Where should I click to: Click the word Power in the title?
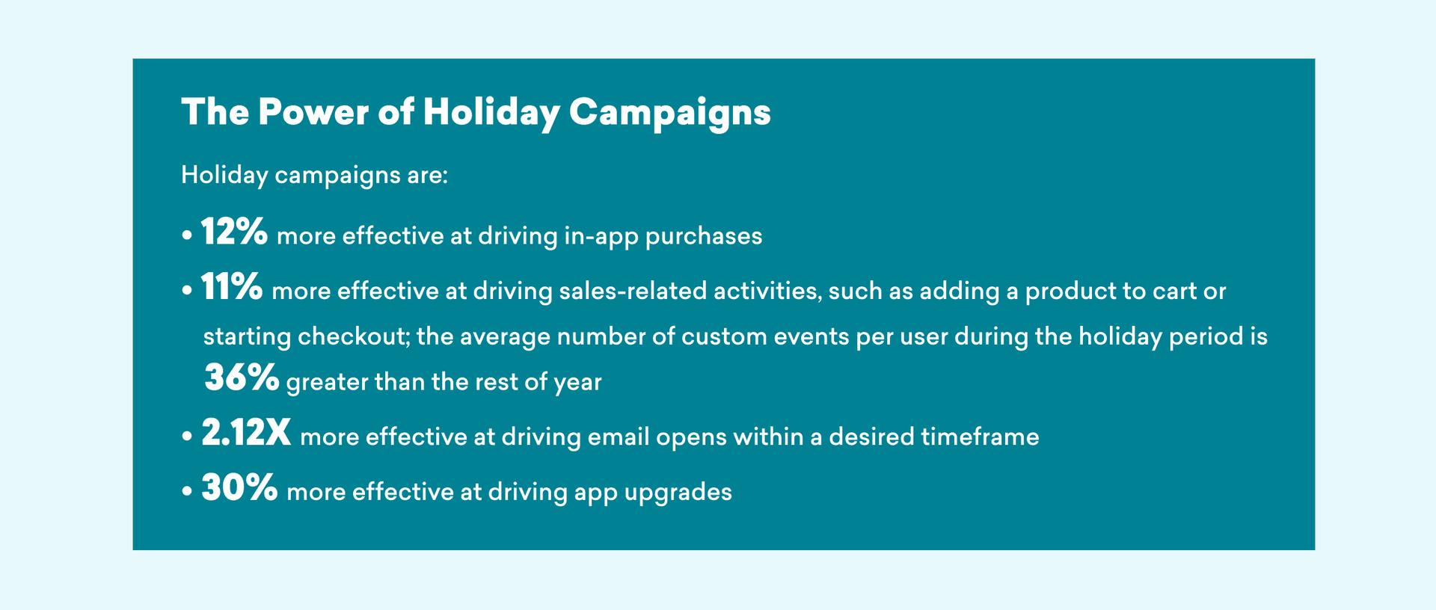click(x=313, y=112)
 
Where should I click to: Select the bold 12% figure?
click(x=234, y=232)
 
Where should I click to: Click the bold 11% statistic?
click(x=232, y=286)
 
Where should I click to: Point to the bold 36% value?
click(x=242, y=378)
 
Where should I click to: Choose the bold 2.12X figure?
click(x=246, y=433)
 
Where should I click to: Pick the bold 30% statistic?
click(x=239, y=488)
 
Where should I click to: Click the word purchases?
click(x=704, y=237)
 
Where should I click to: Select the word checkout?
click(x=353, y=336)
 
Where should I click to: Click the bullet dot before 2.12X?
click(x=187, y=437)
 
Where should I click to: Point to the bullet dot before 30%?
click(x=187, y=493)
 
